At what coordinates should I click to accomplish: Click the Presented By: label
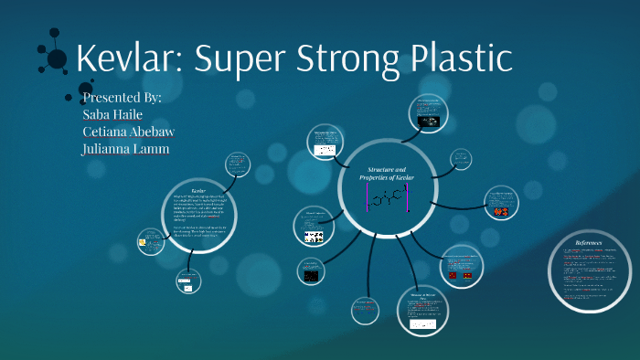(122, 97)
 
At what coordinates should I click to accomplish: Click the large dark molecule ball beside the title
(57, 59)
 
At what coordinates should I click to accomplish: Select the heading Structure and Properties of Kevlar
(390, 174)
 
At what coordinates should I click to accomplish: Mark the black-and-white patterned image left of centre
(314, 237)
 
